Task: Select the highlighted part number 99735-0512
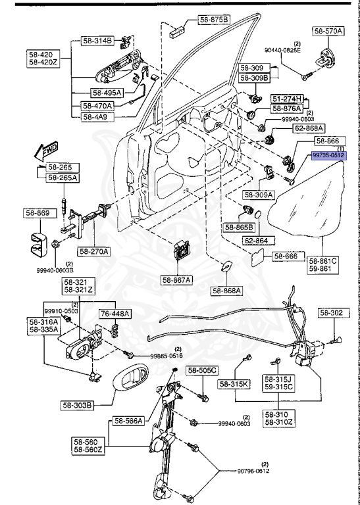click(x=328, y=155)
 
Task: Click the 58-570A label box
click(x=328, y=30)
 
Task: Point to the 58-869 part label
click(x=38, y=213)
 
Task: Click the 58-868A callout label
click(x=227, y=290)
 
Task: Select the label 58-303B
click(x=96, y=404)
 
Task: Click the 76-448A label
click(x=116, y=313)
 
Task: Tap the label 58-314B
click(x=97, y=41)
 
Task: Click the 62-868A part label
click(x=290, y=128)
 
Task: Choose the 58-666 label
click(x=286, y=256)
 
